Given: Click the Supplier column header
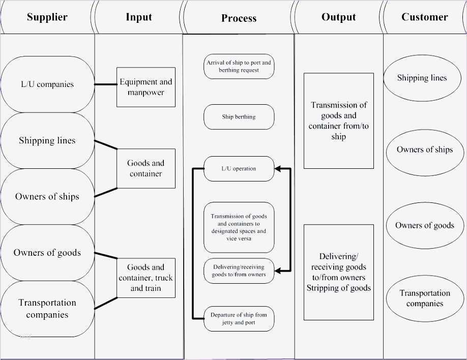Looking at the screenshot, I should pyautogui.click(x=47, y=17).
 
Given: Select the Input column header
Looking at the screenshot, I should pyautogui.click(x=138, y=17).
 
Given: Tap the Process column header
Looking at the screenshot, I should pyautogui.click(x=239, y=18).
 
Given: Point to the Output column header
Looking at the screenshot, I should pyautogui.click(x=338, y=17).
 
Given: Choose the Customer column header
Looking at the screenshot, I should pyautogui.click(x=424, y=17).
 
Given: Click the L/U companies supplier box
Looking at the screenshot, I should pyautogui.click(x=47, y=84).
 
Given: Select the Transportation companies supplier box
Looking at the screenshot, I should pyautogui.click(x=47, y=309).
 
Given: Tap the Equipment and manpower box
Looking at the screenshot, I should pyautogui.click(x=145, y=87).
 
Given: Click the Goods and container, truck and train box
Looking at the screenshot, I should pyautogui.click(x=145, y=278).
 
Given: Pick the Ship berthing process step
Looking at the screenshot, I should pyautogui.click(x=239, y=117).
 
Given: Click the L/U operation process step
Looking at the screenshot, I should pyautogui.click(x=239, y=168).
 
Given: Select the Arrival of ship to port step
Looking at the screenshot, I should pyautogui.click(x=239, y=66).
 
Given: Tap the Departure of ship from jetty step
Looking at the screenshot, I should pyautogui.click(x=239, y=319).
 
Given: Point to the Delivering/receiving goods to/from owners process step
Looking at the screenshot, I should pyautogui.click(x=239, y=271).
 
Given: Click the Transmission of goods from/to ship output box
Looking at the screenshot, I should pyautogui.click(x=338, y=121).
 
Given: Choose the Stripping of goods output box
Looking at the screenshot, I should pyautogui.click(x=338, y=272).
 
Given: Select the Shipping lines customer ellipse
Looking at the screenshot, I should pyautogui.click(x=422, y=78).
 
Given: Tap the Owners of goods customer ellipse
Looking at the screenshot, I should pyautogui.click(x=424, y=225).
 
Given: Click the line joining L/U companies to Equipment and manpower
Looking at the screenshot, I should pyautogui.click(x=105, y=84).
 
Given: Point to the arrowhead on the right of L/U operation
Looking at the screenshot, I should pyautogui.click(x=277, y=168).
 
